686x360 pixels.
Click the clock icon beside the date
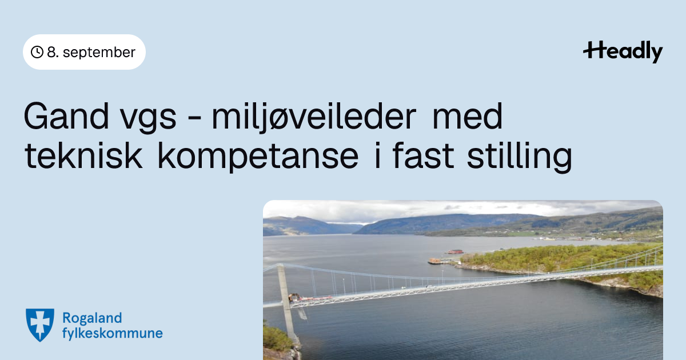(x=37, y=52)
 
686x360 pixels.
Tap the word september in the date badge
(x=99, y=53)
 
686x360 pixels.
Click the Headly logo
(x=623, y=51)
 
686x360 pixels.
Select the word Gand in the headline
(x=66, y=116)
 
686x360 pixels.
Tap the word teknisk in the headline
(x=83, y=155)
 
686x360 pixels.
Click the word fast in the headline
(x=423, y=155)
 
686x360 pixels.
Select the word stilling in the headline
(x=520, y=157)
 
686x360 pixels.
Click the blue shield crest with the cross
(x=40, y=325)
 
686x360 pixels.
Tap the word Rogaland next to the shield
(x=92, y=319)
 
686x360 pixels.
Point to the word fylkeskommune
(x=113, y=333)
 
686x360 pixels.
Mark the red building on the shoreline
(x=455, y=251)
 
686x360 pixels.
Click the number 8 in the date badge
(x=51, y=53)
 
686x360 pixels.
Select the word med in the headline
(x=468, y=116)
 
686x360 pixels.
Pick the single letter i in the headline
(x=378, y=155)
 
